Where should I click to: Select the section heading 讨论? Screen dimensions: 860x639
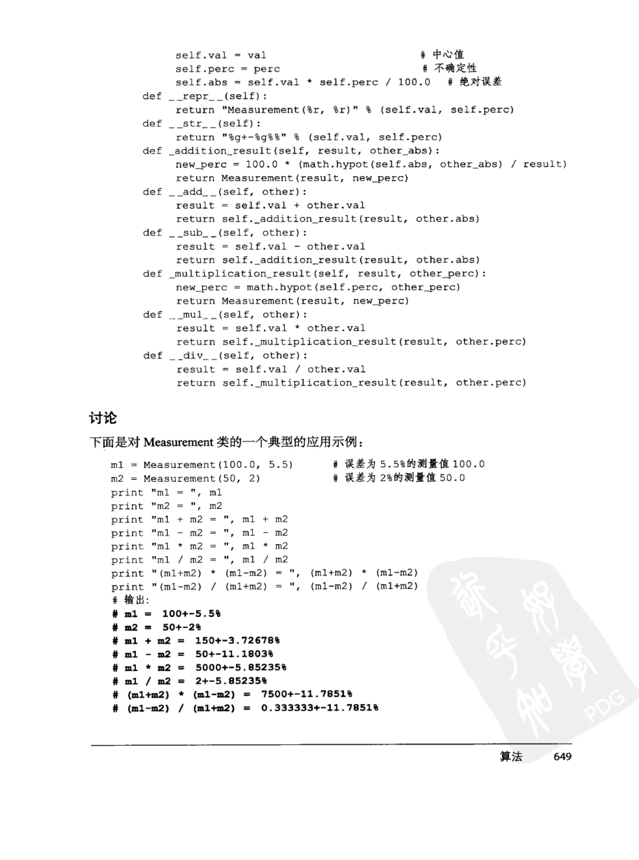[103, 418]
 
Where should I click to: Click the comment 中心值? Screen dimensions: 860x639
[448, 54]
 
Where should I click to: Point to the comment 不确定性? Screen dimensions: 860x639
[455, 68]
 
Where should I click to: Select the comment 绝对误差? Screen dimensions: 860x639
[480, 82]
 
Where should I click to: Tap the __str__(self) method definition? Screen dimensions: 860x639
[214, 123]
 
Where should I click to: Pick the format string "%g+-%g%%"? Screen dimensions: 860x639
[254, 137]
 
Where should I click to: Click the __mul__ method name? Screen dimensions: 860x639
[194, 315]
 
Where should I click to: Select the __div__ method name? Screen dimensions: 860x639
[194, 355]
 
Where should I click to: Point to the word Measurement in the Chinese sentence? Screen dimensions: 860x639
[178, 442]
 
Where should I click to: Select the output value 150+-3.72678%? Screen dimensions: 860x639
[237, 640]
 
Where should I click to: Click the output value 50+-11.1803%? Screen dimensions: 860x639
[234, 654]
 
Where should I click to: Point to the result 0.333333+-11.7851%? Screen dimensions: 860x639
[319, 708]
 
